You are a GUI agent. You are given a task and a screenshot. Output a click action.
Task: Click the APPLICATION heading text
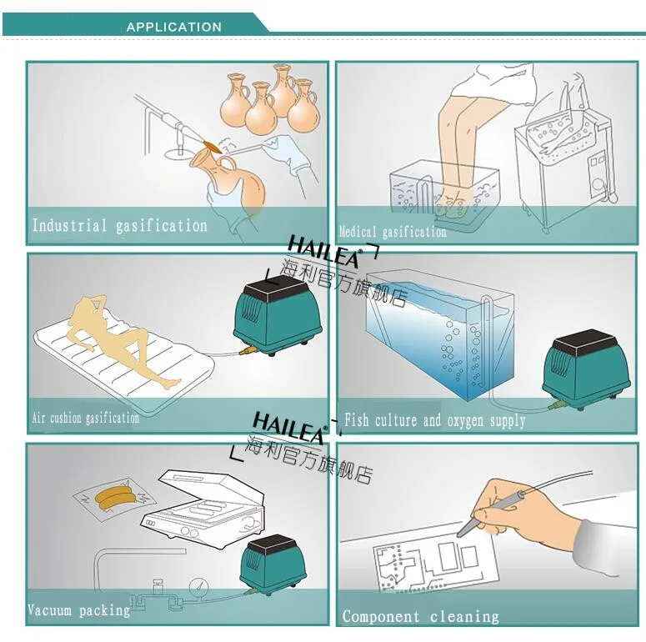[x=174, y=28]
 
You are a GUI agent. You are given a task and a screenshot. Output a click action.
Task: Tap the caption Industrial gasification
[x=119, y=226]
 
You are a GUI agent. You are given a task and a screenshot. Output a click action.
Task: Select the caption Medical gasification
[x=393, y=232]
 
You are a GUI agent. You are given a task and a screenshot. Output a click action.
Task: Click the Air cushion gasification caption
[x=86, y=419]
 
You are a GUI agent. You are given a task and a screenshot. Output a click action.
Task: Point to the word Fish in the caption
[x=357, y=420]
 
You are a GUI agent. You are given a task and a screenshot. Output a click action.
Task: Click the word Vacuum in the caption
[x=49, y=609]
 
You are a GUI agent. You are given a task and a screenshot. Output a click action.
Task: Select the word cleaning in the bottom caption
[x=464, y=617]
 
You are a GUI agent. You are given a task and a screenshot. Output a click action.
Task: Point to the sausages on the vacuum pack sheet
[x=114, y=496]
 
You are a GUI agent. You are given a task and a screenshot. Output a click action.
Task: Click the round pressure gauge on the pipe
[x=199, y=589]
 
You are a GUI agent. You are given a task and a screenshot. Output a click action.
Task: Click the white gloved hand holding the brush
[x=288, y=153]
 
